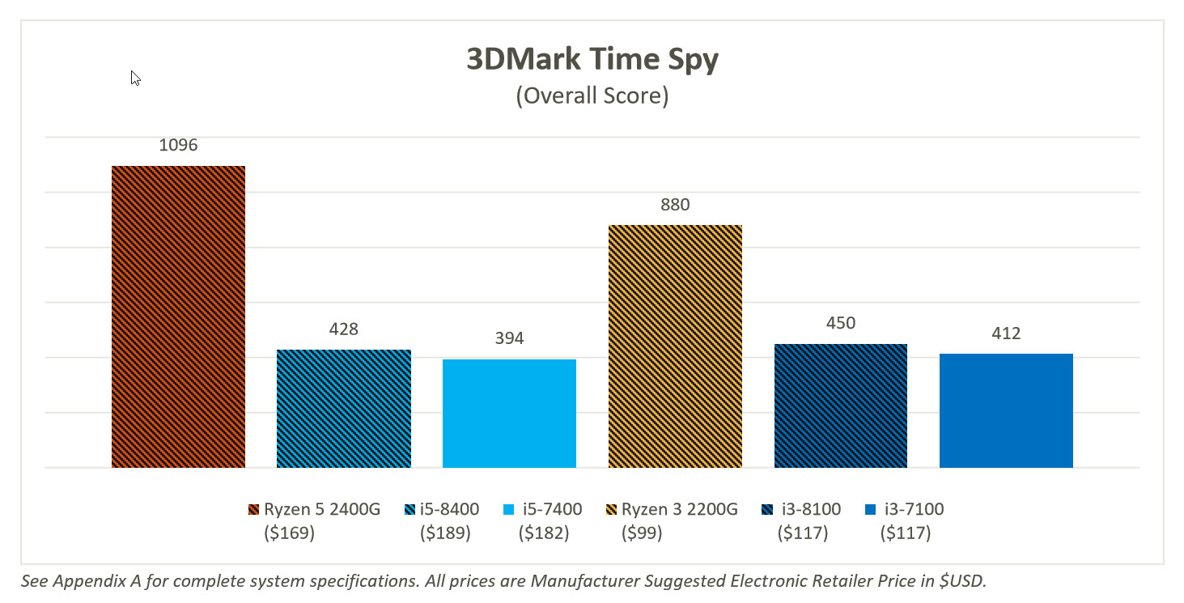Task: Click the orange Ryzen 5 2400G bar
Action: click(178, 316)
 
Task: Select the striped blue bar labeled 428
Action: click(344, 409)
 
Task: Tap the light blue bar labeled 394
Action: click(509, 413)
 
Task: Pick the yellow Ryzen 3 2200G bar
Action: click(675, 346)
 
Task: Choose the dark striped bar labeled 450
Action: click(840, 406)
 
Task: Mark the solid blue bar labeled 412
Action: click(1006, 410)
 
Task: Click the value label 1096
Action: click(178, 147)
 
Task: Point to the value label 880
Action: click(675, 205)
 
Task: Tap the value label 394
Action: click(509, 338)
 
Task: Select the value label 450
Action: click(840, 324)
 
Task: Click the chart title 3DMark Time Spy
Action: click(592, 61)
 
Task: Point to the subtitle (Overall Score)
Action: click(592, 96)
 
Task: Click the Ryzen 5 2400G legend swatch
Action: click(255, 510)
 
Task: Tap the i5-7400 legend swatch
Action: click(508, 510)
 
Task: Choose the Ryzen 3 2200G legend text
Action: click(680, 509)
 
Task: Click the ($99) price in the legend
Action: click(642, 533)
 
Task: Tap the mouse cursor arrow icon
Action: click(136, 78)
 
